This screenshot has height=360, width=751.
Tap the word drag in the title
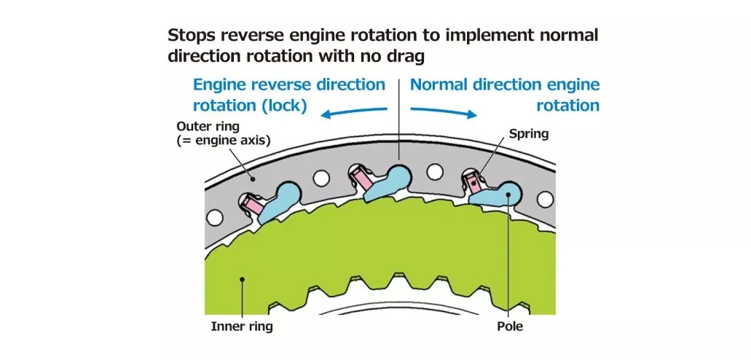pos(406,55)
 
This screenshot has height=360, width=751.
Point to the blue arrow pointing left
pos(355,111)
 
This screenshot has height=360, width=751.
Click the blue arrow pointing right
pos(444,111)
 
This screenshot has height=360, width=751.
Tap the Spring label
pos(528,134)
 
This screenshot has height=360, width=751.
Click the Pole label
pos(510,326)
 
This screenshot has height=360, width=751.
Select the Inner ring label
pos(242,326)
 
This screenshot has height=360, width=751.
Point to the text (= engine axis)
pos(224,141)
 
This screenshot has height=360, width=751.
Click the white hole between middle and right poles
pos(435,172)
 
